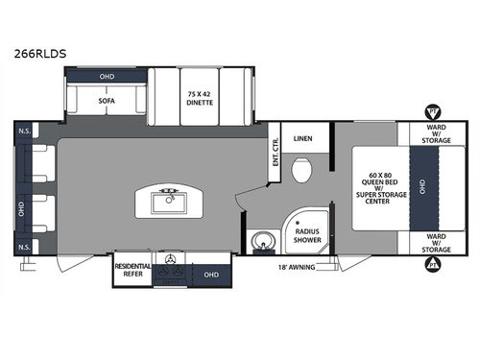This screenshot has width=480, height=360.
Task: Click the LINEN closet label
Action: coord(303,137)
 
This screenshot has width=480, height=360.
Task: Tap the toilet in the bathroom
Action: coord(302,174)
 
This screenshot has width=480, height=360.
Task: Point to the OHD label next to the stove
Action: coord(212,273)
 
